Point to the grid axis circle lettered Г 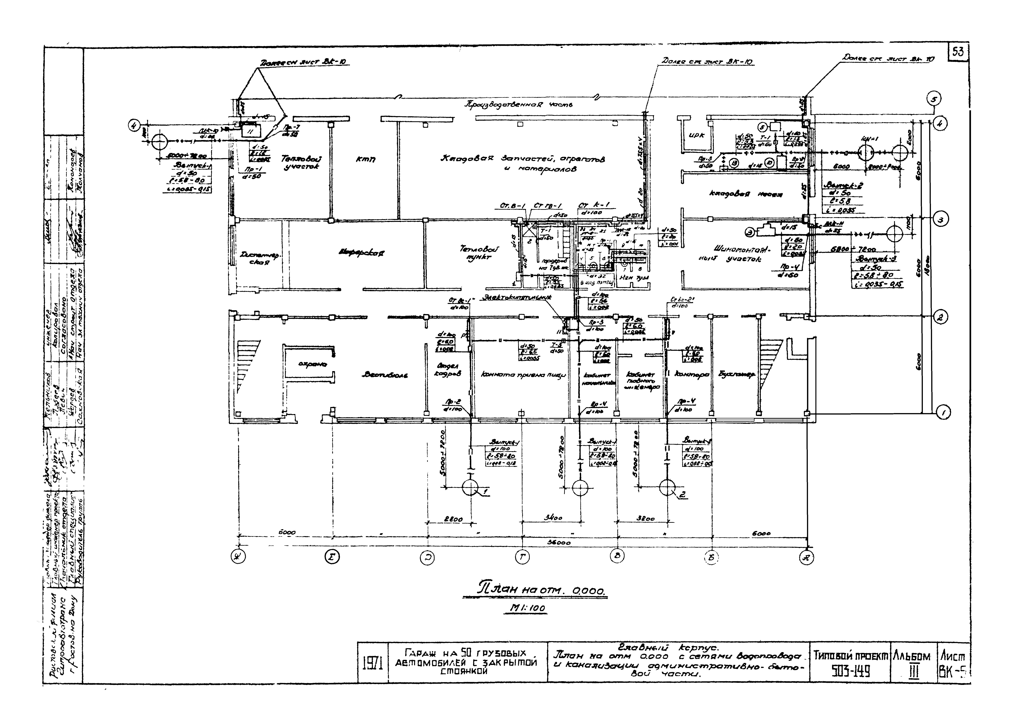point(522,557)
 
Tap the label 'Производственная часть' point(518,105)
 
